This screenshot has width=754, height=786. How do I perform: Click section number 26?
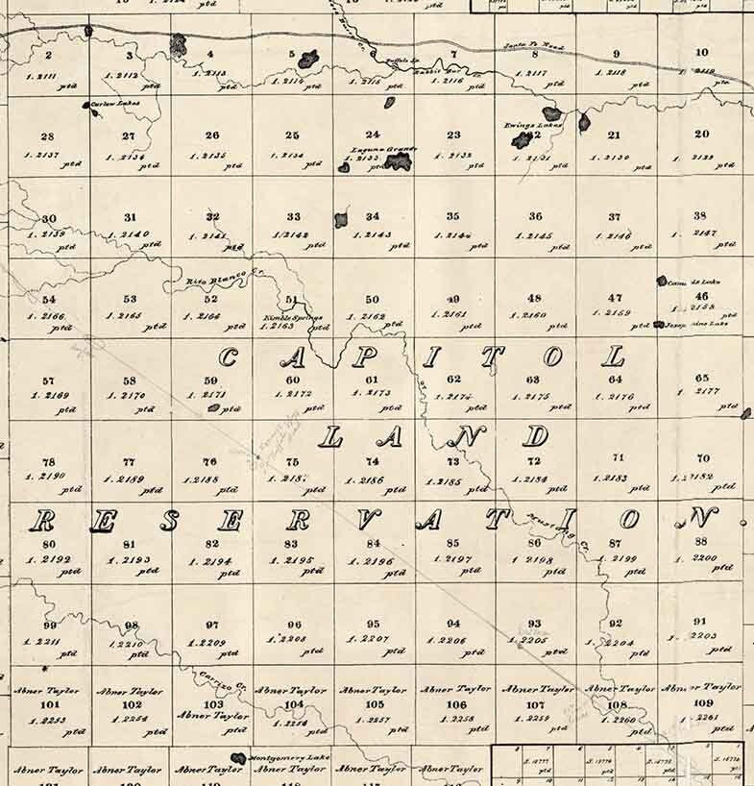tap(212, 135)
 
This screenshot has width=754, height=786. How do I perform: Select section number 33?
tap(293, 217)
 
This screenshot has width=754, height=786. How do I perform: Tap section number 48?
tap(535, 298)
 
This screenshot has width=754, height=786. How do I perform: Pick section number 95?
tap(373, 624)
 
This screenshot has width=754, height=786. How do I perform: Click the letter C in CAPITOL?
tap(229, 359)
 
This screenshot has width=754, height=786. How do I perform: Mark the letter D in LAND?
tap(536, 436)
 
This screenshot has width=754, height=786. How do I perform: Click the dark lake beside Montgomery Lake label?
tap(238, 758)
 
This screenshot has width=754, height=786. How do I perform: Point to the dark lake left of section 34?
tap(341, 220)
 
